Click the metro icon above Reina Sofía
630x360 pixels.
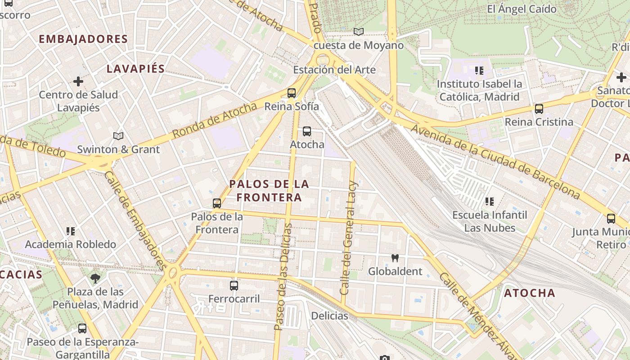pyautogui.click(x=292, y=93)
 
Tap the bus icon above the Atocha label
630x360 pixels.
pyautogui.click(x=307, y=131)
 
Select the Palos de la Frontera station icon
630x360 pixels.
pyautogui.click(x=217, y=203)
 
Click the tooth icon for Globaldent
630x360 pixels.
pyautogui.click(x=395, y=258)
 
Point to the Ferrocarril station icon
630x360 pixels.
pyautogui.click(x=234, y=285)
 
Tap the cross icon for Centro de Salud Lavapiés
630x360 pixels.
pyautogui.click(x=78, y=81)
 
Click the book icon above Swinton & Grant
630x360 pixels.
pyautogui.click(x=118, y=136)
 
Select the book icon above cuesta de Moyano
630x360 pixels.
pyautogui.click(x=358, y=32)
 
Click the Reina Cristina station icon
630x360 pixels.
pyautogui.click(x=539, y=109)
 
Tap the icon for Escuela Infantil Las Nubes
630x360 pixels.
pyautogui.click(x=490, y=202)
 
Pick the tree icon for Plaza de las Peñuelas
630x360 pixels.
pyautogui.click(x=95, y=279)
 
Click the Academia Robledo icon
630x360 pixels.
pyautogui.click(x=71, y=231)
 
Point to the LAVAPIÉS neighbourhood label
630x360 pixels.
pyautogui.click(x=135, y=69)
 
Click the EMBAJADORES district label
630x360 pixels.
pyautogui.click(x=83, y=39)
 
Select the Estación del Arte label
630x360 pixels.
pyautogui.click(x=334, y=70)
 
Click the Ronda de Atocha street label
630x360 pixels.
pyautogui.click(x=214, y=121)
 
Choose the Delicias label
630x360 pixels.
pyautogui.click(x=329, y=315)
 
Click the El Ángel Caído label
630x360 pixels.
pyautogui.click(x=522, y=9)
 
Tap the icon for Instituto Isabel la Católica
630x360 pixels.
pyautogui.click(x=479, y=71)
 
